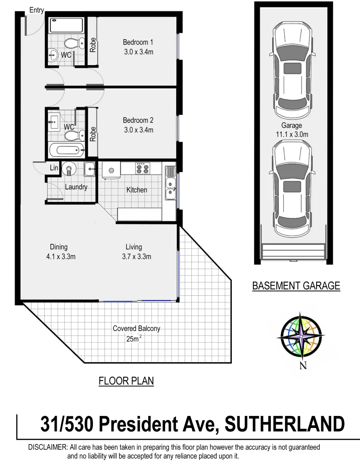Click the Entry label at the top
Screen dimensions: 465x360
[36, 10]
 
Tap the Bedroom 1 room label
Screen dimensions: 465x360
[138, 42]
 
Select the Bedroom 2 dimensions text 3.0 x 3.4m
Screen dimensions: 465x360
[138, 130]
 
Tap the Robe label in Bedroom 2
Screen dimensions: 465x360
[92, 133]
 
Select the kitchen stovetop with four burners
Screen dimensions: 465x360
[142, 168]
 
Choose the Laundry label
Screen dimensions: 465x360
[76, 187]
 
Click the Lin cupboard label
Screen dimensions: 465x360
[54, 168]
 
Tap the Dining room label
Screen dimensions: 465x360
[58, 247]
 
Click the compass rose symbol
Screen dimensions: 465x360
[303, 335]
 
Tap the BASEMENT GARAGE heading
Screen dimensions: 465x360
[296, 285]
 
